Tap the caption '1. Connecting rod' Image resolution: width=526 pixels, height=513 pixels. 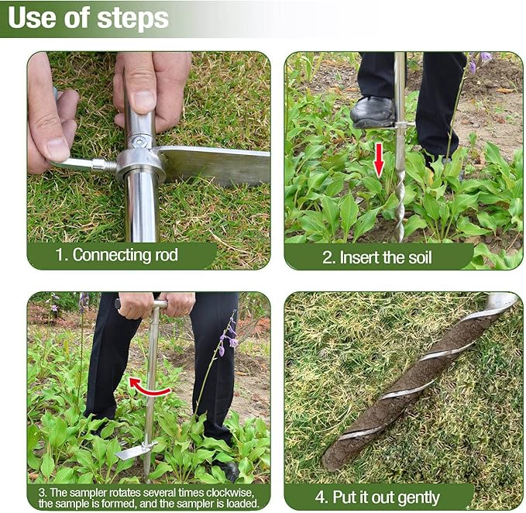coord(125,255)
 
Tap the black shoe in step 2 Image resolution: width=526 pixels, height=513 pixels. coord(373,112)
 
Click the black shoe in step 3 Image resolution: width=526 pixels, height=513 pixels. coord(230,470)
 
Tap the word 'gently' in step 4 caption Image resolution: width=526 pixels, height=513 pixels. coord(417,497)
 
